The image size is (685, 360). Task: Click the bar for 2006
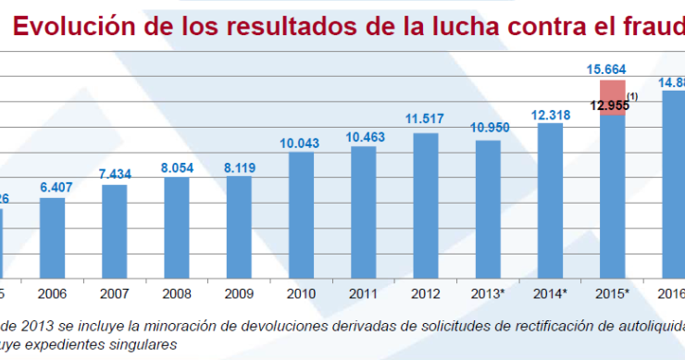pos(52,237)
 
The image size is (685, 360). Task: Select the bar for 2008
pos(177,227)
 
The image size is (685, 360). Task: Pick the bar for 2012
pos(426,205)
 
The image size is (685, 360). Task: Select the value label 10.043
pos(301,143)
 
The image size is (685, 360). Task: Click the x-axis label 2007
pos(114,293)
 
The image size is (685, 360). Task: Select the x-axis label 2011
pos(363,293)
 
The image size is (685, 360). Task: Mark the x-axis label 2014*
pos(552,293)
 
